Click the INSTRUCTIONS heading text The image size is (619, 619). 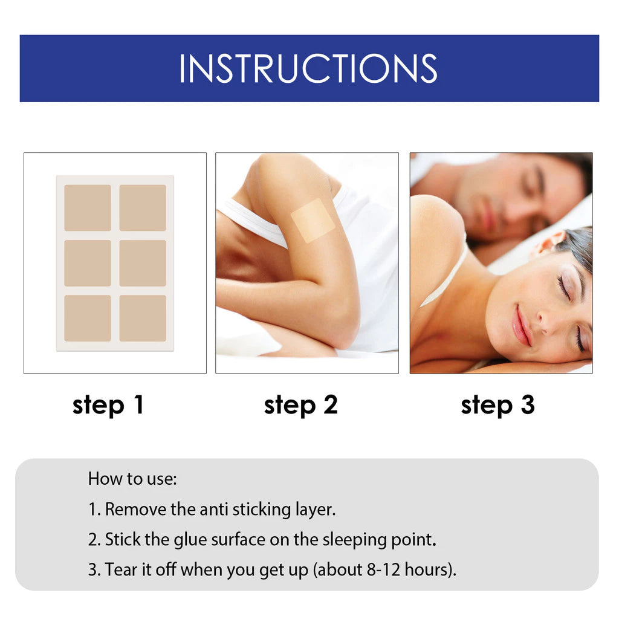(x=308, y=68)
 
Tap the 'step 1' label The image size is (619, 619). (x=108, y=405)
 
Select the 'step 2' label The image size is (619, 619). (x=300, y=405)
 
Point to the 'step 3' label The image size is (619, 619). (x=497, y=405)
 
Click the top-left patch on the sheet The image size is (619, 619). (x=88, y=207)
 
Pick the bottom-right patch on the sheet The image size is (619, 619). (x=143, y=318)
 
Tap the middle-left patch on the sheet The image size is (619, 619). (x=88, y=263)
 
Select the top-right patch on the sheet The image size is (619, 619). (x=143, y=207)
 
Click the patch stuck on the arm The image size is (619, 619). (x=313, y=221)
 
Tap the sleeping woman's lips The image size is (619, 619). (x=520, y=326)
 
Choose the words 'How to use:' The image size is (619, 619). (x=132, y=479)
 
